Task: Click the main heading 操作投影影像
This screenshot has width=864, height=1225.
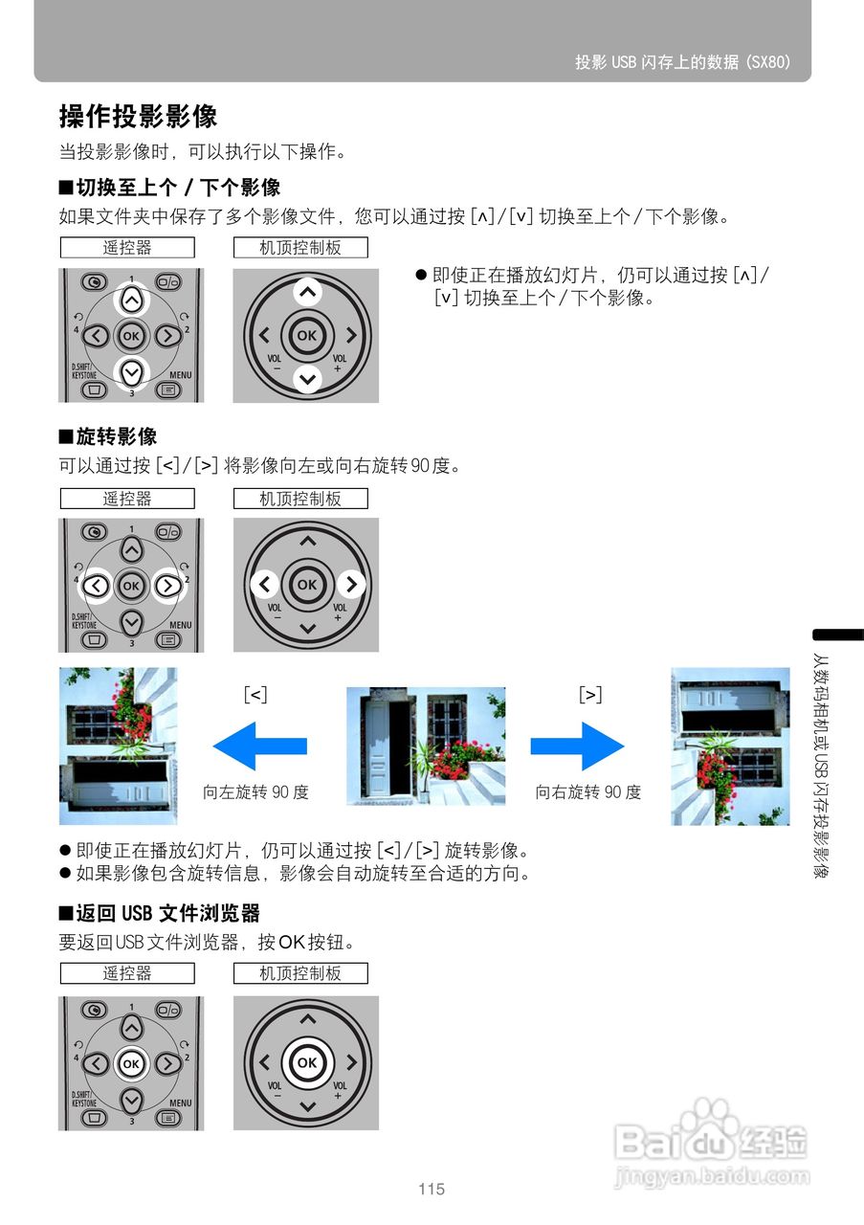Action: (139, 117)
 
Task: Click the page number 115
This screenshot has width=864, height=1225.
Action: (432, 1190)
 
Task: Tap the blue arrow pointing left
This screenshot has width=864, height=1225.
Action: (259, 746)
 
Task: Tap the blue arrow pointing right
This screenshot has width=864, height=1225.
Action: (577, 746)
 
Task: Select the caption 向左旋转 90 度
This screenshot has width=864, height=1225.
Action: (255, 792)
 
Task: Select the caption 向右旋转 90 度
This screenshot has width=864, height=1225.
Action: (587, 792)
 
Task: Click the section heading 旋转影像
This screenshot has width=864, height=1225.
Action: (108, 437)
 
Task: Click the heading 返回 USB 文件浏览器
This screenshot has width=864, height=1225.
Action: (160, 913)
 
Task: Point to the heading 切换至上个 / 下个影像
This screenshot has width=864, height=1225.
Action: (169, 187)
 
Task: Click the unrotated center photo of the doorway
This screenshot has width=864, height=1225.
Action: (426, 746)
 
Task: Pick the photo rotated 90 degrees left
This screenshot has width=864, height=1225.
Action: (118, 746)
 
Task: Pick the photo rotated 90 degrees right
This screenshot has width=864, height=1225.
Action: (730, 746)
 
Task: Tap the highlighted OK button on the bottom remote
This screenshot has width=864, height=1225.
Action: (131, 1063)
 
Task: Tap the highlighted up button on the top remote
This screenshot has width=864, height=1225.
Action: (131, 300)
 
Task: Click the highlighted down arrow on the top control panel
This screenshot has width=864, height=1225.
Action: (306, 379)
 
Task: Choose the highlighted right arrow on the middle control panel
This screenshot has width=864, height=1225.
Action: (351, 584)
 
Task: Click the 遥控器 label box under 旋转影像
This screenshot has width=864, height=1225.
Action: (127, 499)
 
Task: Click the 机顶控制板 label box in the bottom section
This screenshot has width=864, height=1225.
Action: (300, 973)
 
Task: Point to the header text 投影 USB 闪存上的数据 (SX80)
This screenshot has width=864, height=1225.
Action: (682, 62)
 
